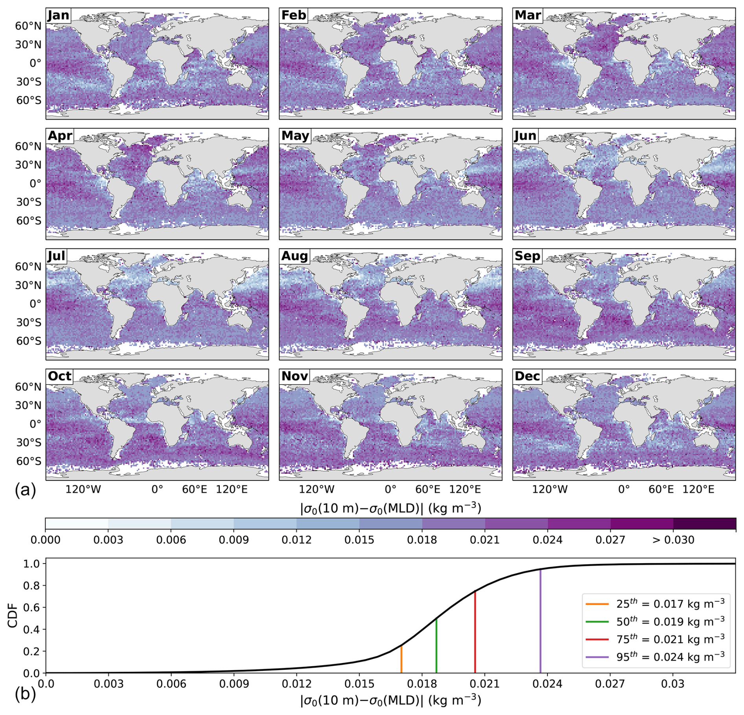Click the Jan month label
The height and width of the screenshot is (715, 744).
[58, 15]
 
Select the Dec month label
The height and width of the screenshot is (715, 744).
[527, 376]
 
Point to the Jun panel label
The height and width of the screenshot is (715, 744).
[525, 136]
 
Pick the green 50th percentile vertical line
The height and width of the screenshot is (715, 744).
[436, 645]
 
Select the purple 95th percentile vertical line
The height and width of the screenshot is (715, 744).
[540, 622]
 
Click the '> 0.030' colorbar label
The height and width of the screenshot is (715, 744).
[673, 540]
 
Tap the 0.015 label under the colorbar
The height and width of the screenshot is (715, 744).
[359, 540]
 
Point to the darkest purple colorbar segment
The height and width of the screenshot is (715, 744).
[704, 524]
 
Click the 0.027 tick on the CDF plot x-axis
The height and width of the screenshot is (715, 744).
[610, 684]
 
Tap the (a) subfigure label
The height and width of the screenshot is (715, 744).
[25, 491]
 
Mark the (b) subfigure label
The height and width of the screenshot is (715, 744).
[25, 695]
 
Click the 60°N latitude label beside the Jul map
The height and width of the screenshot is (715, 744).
[28, 267]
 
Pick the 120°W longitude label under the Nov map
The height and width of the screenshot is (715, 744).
[317, 490]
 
